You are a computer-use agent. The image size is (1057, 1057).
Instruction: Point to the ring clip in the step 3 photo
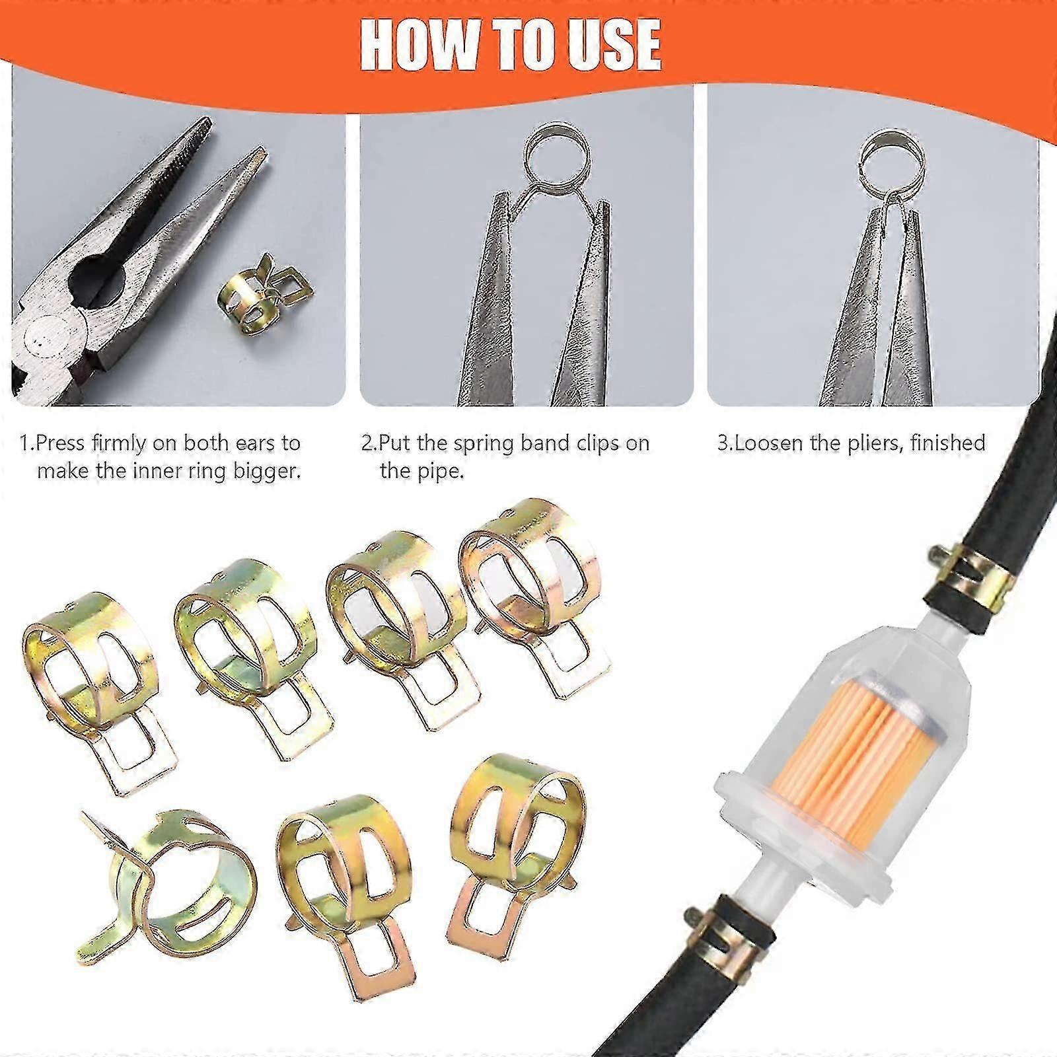point(896,159)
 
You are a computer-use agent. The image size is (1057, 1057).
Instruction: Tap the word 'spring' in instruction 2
point(490,443)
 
